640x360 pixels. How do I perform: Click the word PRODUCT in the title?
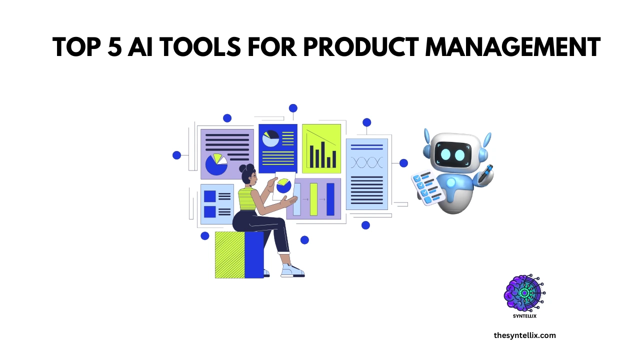click(x=361, y=47)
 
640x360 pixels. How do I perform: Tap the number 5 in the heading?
click(x=115, y=47)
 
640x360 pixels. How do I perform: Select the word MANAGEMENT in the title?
click(x=513, y=47)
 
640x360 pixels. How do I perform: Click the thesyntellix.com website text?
click(x=524, y=335)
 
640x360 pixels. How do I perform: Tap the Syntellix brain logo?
click(x=524, y=293)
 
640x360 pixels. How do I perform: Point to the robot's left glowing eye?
click(x=445, y=154)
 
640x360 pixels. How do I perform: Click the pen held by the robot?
click(x=485, y=173)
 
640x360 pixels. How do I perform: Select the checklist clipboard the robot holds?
click(x=428, y=187)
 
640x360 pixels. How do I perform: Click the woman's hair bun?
click(x=243, y=168)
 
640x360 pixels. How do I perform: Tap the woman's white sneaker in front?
click(x=292, y=271)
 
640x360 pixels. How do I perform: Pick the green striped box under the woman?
click(x=229, y=255)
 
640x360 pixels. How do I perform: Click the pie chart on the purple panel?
click(x=216, y=164)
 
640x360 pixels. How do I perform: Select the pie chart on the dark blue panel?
click(x=270, y=138)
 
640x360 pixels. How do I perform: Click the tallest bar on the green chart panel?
click(x=322, y=154)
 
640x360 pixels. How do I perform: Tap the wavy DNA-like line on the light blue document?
click(x=367, y=162)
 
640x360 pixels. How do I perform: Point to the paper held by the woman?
click(x=284, y=186)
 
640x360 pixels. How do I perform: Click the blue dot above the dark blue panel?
click(x=293, y=108)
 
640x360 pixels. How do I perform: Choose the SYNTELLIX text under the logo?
click(x=524, y=316)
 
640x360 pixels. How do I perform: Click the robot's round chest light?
click(x=451, y=182)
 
